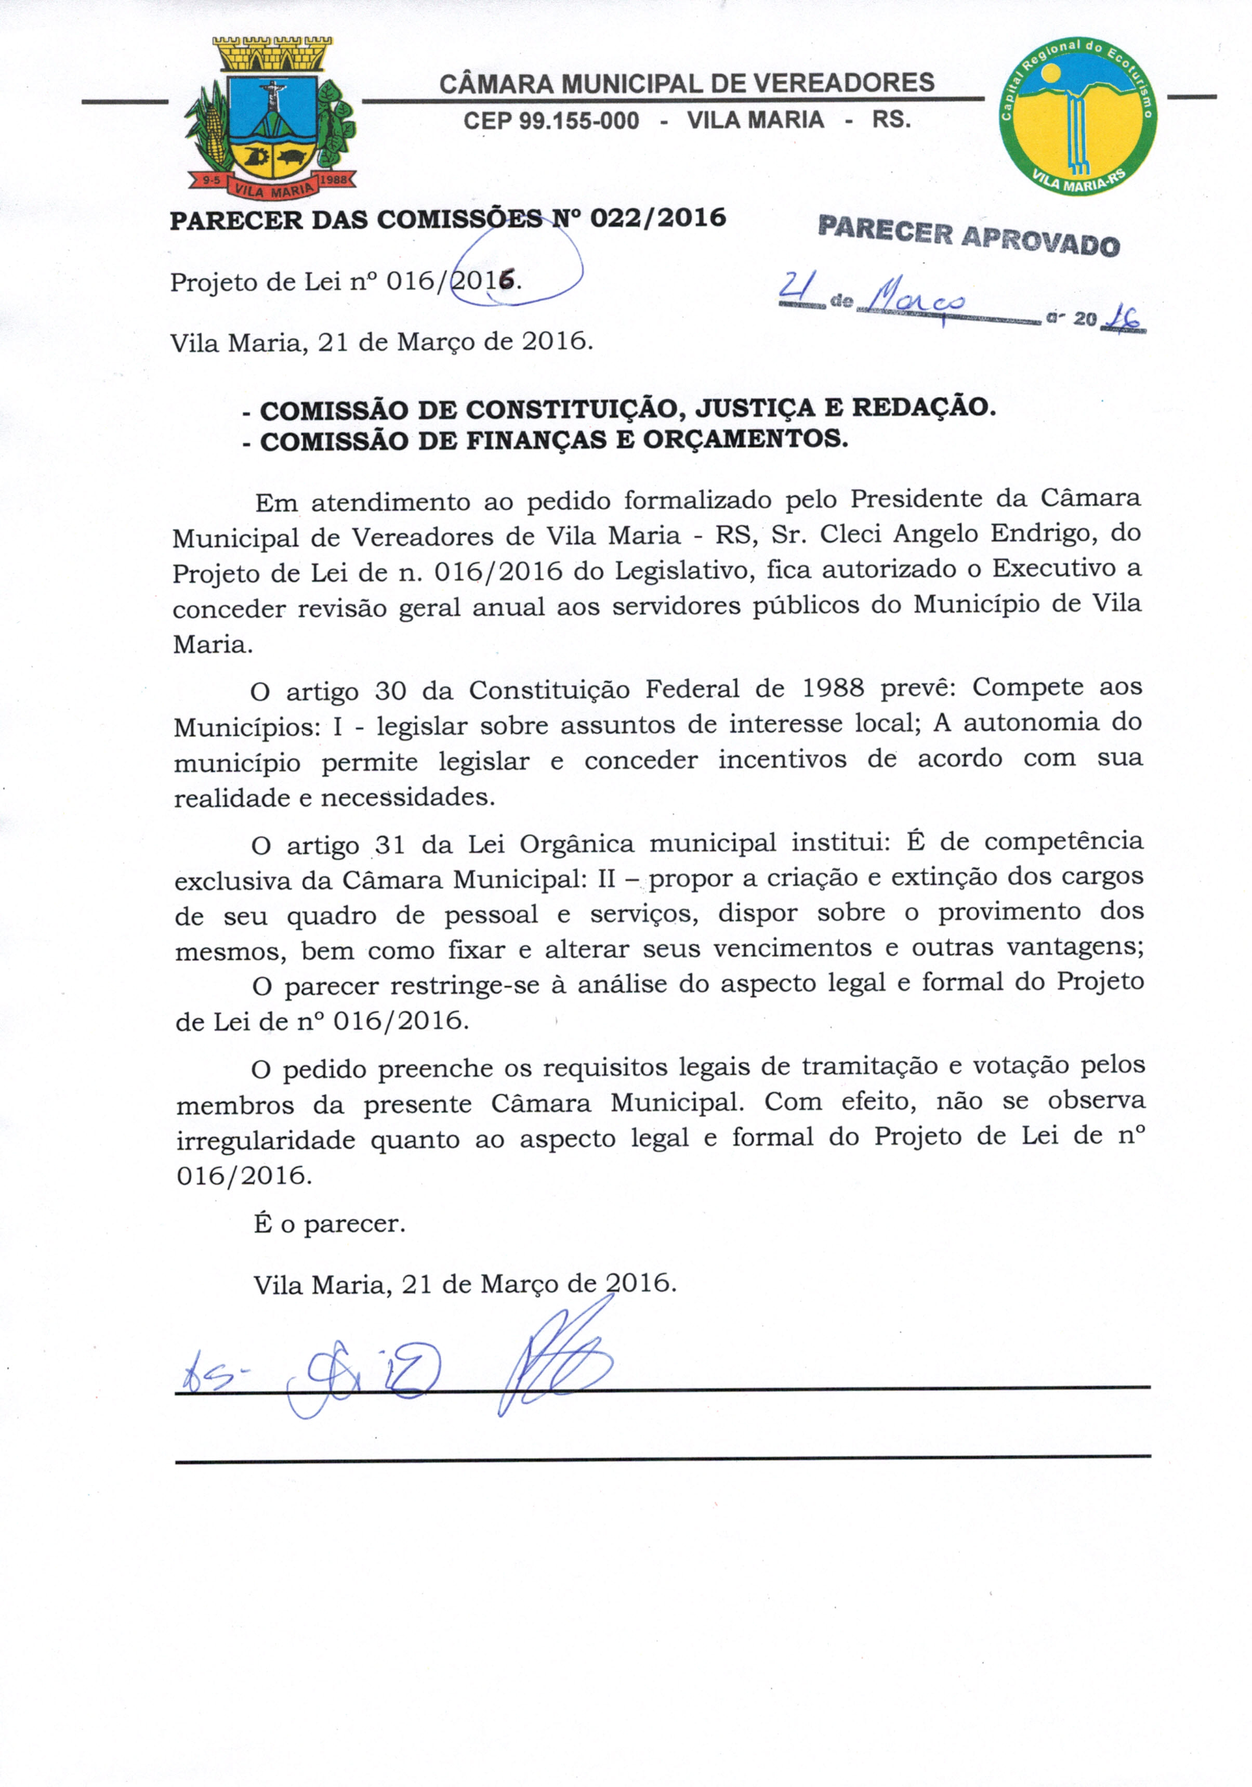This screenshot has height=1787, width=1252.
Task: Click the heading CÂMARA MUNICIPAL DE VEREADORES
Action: [687, 83]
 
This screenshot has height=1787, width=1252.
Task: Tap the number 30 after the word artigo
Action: [391, 690]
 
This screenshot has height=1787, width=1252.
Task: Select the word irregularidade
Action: [266, 1140]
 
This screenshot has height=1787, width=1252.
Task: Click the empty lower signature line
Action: [662, 1458]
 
